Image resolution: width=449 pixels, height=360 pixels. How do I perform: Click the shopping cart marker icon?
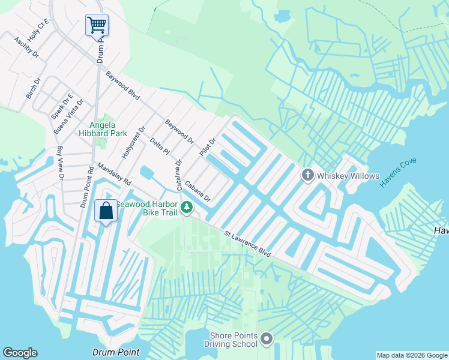pyautogui.click(x=97, y=26)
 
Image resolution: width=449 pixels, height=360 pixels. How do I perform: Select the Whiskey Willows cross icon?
pyautogui.click(x=307, y=175)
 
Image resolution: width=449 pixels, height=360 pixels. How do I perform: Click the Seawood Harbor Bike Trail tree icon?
pyautogui.click(x=187, y=208)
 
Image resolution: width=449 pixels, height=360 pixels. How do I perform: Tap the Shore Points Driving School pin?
pyautogui.click(x=267, y=340)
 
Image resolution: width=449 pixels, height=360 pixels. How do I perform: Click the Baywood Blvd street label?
pyautogui.click(x=122, y=85)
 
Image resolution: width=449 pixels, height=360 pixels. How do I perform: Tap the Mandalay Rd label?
pyautogui.click(x=113, y=175)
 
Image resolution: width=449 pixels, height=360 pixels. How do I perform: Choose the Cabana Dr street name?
pyautogui.click(x=197, y=191)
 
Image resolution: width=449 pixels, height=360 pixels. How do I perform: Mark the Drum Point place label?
pyautogui.click(x=116, y=352)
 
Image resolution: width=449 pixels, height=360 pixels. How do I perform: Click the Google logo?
pyautogui.click(x=20, y=353)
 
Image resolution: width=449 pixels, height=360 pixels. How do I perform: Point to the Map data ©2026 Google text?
pyautogui.click(x=411, y=355)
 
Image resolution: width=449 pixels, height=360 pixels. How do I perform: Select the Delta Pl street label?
pyautogui.click(x=156, y=145)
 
